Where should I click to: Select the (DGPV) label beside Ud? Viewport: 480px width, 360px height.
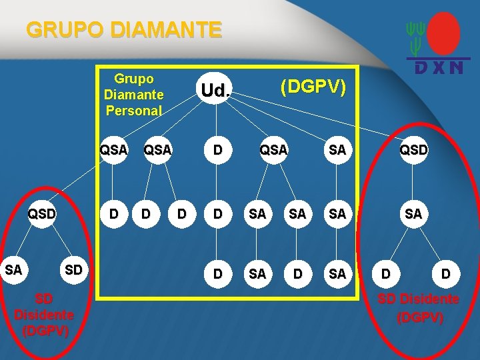pyautogui.click(x=313, y=87)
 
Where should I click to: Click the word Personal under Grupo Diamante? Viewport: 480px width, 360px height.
pyautogui.click(x=133, y=111)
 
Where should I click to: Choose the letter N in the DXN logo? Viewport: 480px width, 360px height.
pyautogui.click(x=456, y=67)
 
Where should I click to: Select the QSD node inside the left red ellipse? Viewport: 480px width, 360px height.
pyautogui.click(x=41, y=214)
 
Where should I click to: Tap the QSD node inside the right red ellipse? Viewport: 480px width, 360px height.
pyautogui.click(x=413, y=150)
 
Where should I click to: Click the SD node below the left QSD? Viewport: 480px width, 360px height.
pyautogui.click(x=73, y=270)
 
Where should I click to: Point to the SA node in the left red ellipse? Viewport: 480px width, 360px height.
pyautogui.click(x=13, y=270)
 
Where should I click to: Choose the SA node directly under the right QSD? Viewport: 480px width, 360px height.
pyautogui.click(x=413, y=214)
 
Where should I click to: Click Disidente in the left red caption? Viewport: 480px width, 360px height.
pyautogui.click(x=44, y=314)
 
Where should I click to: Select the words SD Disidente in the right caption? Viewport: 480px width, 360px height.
pyautogui.click(x=418, y=299)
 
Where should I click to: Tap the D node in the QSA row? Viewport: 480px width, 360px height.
pyautogui.click(x=217, y=150)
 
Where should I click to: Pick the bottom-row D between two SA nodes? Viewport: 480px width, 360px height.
pyautogui.click(x=298, y=274)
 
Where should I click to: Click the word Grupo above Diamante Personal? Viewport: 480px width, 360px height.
pyautogui.click(x=133, y=79)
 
